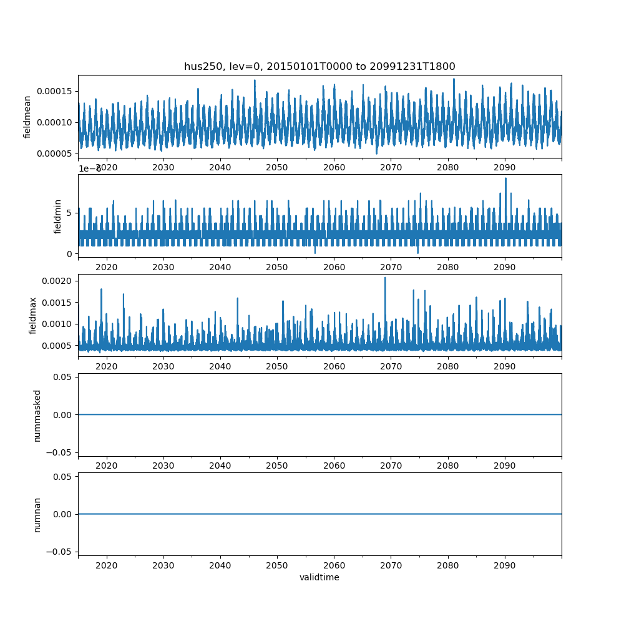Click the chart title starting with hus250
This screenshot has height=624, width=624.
[x=319, y=66]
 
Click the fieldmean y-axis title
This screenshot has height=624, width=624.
[x=27, y=117]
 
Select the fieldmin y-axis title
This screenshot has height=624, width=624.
[x=58, y=217]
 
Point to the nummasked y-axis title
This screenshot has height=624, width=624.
[x=37, y=415]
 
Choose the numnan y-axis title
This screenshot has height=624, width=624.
[x=37, y=514]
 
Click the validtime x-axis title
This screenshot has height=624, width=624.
[x=319, y=577]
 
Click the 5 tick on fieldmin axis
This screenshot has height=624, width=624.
[x=70, y=213]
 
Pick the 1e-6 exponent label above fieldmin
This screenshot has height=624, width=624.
[x=90, y=169]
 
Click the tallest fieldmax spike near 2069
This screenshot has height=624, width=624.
[x=385, y=278]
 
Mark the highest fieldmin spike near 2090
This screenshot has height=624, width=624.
[x=505, y=178]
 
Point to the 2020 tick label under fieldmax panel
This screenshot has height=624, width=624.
[x=107, y=366]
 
